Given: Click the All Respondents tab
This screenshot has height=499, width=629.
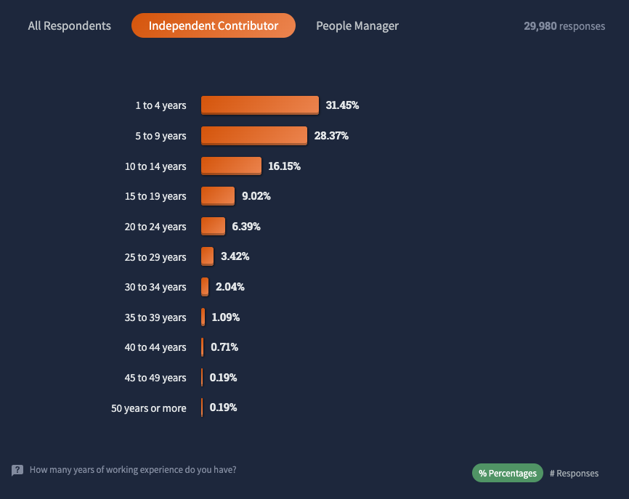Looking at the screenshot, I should click(x=70, y=25).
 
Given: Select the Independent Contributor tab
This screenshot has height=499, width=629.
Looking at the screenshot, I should click(x=214, y=25).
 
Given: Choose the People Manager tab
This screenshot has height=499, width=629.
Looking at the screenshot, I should click(x=357, y=25).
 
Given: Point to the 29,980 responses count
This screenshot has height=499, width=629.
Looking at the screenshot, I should click(x=564, y=26).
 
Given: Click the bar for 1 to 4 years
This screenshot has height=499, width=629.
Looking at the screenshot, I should click(x=260, y=105).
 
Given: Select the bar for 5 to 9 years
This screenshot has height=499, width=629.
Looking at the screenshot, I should click(x=254, y=136).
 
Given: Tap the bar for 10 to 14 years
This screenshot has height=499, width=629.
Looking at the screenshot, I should click(x=231, y=166).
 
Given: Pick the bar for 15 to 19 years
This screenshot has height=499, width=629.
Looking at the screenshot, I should click(x=218, y=196).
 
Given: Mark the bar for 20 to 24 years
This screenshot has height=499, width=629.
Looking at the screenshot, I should click(x=213, y=227).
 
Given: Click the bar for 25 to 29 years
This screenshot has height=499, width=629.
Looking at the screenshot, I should click(x=208, y=256).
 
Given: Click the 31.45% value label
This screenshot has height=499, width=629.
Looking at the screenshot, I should click(x=342, y=105).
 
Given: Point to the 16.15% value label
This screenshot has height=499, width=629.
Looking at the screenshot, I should click(x=284, y=166).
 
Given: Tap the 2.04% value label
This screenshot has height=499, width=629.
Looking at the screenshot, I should click(x=230, y=287).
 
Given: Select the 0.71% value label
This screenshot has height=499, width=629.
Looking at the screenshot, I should click(x=224, y=347).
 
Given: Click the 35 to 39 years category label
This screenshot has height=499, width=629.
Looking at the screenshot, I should click(x=155, y=317).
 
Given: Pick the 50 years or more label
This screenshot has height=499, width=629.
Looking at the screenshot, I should click(x=148, y=408).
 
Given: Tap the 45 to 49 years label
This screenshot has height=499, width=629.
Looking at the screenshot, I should click(x=155, y=378).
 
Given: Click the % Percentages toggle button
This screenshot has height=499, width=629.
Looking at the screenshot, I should click(x=508, y=473).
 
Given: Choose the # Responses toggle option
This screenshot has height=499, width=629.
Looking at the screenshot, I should click(x=574, y=473).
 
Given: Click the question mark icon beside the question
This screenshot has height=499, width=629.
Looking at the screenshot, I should click(x=17, y=470).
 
